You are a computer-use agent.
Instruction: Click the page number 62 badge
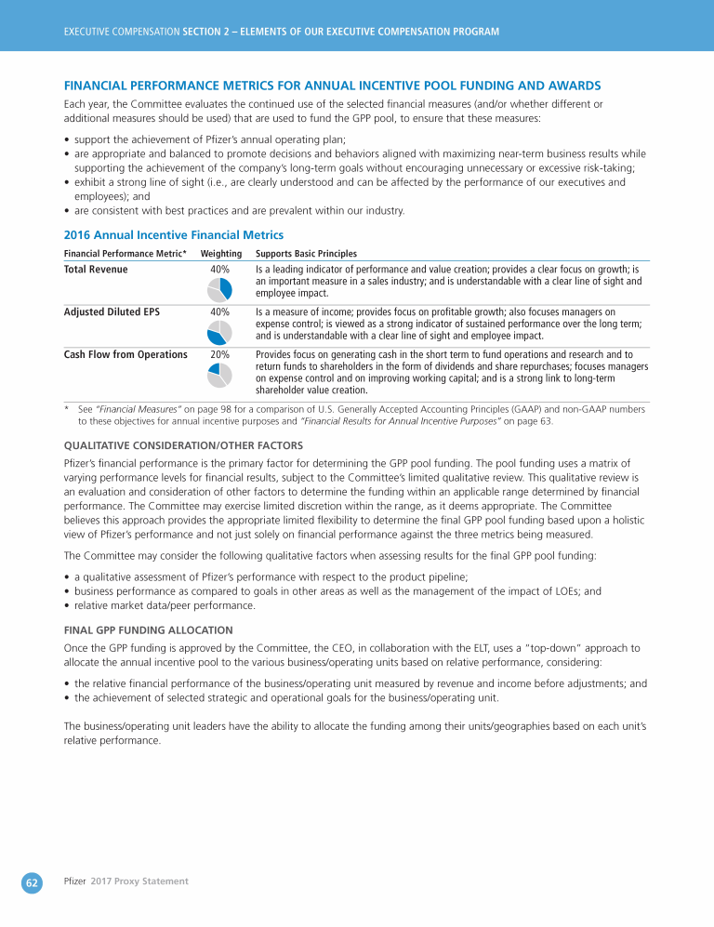(31, 882)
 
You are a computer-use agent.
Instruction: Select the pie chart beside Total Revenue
(220, 289)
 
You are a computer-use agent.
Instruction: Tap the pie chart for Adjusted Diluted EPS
(220, 332)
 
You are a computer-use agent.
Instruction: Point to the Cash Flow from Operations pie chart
(220, 375)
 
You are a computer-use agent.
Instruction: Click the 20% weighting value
(220, 354)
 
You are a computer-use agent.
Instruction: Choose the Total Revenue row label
(96, 270)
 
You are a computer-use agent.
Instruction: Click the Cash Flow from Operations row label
(126, 354)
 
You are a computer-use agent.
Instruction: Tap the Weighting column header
(221, 254)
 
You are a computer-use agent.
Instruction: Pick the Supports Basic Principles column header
(306, 254)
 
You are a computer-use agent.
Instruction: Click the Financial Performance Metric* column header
(125, 254)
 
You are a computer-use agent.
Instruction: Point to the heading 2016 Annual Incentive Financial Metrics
(173, 235)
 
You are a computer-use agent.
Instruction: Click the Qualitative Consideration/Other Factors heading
(182, 445)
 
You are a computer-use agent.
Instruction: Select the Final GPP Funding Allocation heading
(147, 629)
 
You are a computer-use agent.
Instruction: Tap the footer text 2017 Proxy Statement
(139, 881)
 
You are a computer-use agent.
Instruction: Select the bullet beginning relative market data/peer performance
(165, 605)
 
